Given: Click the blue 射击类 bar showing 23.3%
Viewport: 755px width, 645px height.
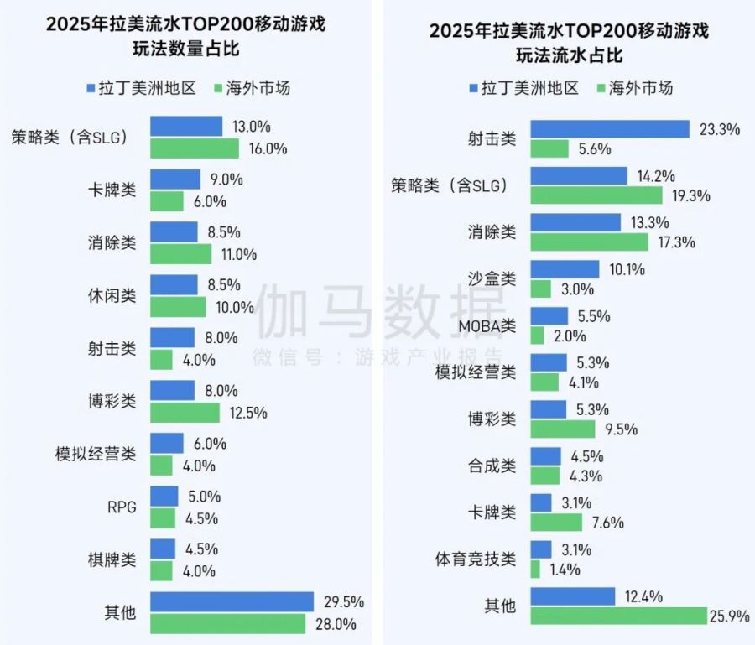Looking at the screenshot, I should click(x=610, y=129).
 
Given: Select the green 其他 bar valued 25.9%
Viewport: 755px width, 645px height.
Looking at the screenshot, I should click(x=619, y=616).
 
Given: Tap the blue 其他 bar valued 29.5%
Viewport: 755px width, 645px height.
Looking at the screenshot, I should click(x=232, y=601).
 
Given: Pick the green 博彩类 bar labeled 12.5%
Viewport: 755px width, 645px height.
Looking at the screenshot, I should click(x=185, y=413).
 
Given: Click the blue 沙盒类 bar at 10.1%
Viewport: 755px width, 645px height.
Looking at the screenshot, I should click(x=565, y=269).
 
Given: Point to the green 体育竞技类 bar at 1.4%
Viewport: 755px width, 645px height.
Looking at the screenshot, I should click(x=535, y=570).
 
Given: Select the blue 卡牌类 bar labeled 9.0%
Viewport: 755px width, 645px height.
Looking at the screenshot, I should click(x=175, y=179).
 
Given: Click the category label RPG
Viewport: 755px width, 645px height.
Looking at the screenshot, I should click(x=122, y=506).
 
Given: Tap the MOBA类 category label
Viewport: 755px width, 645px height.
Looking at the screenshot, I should click(x=487, y=325).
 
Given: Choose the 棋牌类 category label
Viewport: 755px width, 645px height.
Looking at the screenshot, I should click(x=112, y=559).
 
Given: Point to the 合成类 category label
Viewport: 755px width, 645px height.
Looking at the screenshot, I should click(x=492, y=465).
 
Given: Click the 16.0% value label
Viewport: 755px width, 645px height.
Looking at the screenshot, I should click(x=269, y=149).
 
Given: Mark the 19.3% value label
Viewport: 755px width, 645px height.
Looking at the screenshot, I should click(x=691, y=196).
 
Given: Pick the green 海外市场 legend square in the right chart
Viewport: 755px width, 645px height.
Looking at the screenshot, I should click(x=600, y=88).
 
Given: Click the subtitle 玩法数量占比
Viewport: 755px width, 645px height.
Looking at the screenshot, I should click(x=185, y=49).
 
